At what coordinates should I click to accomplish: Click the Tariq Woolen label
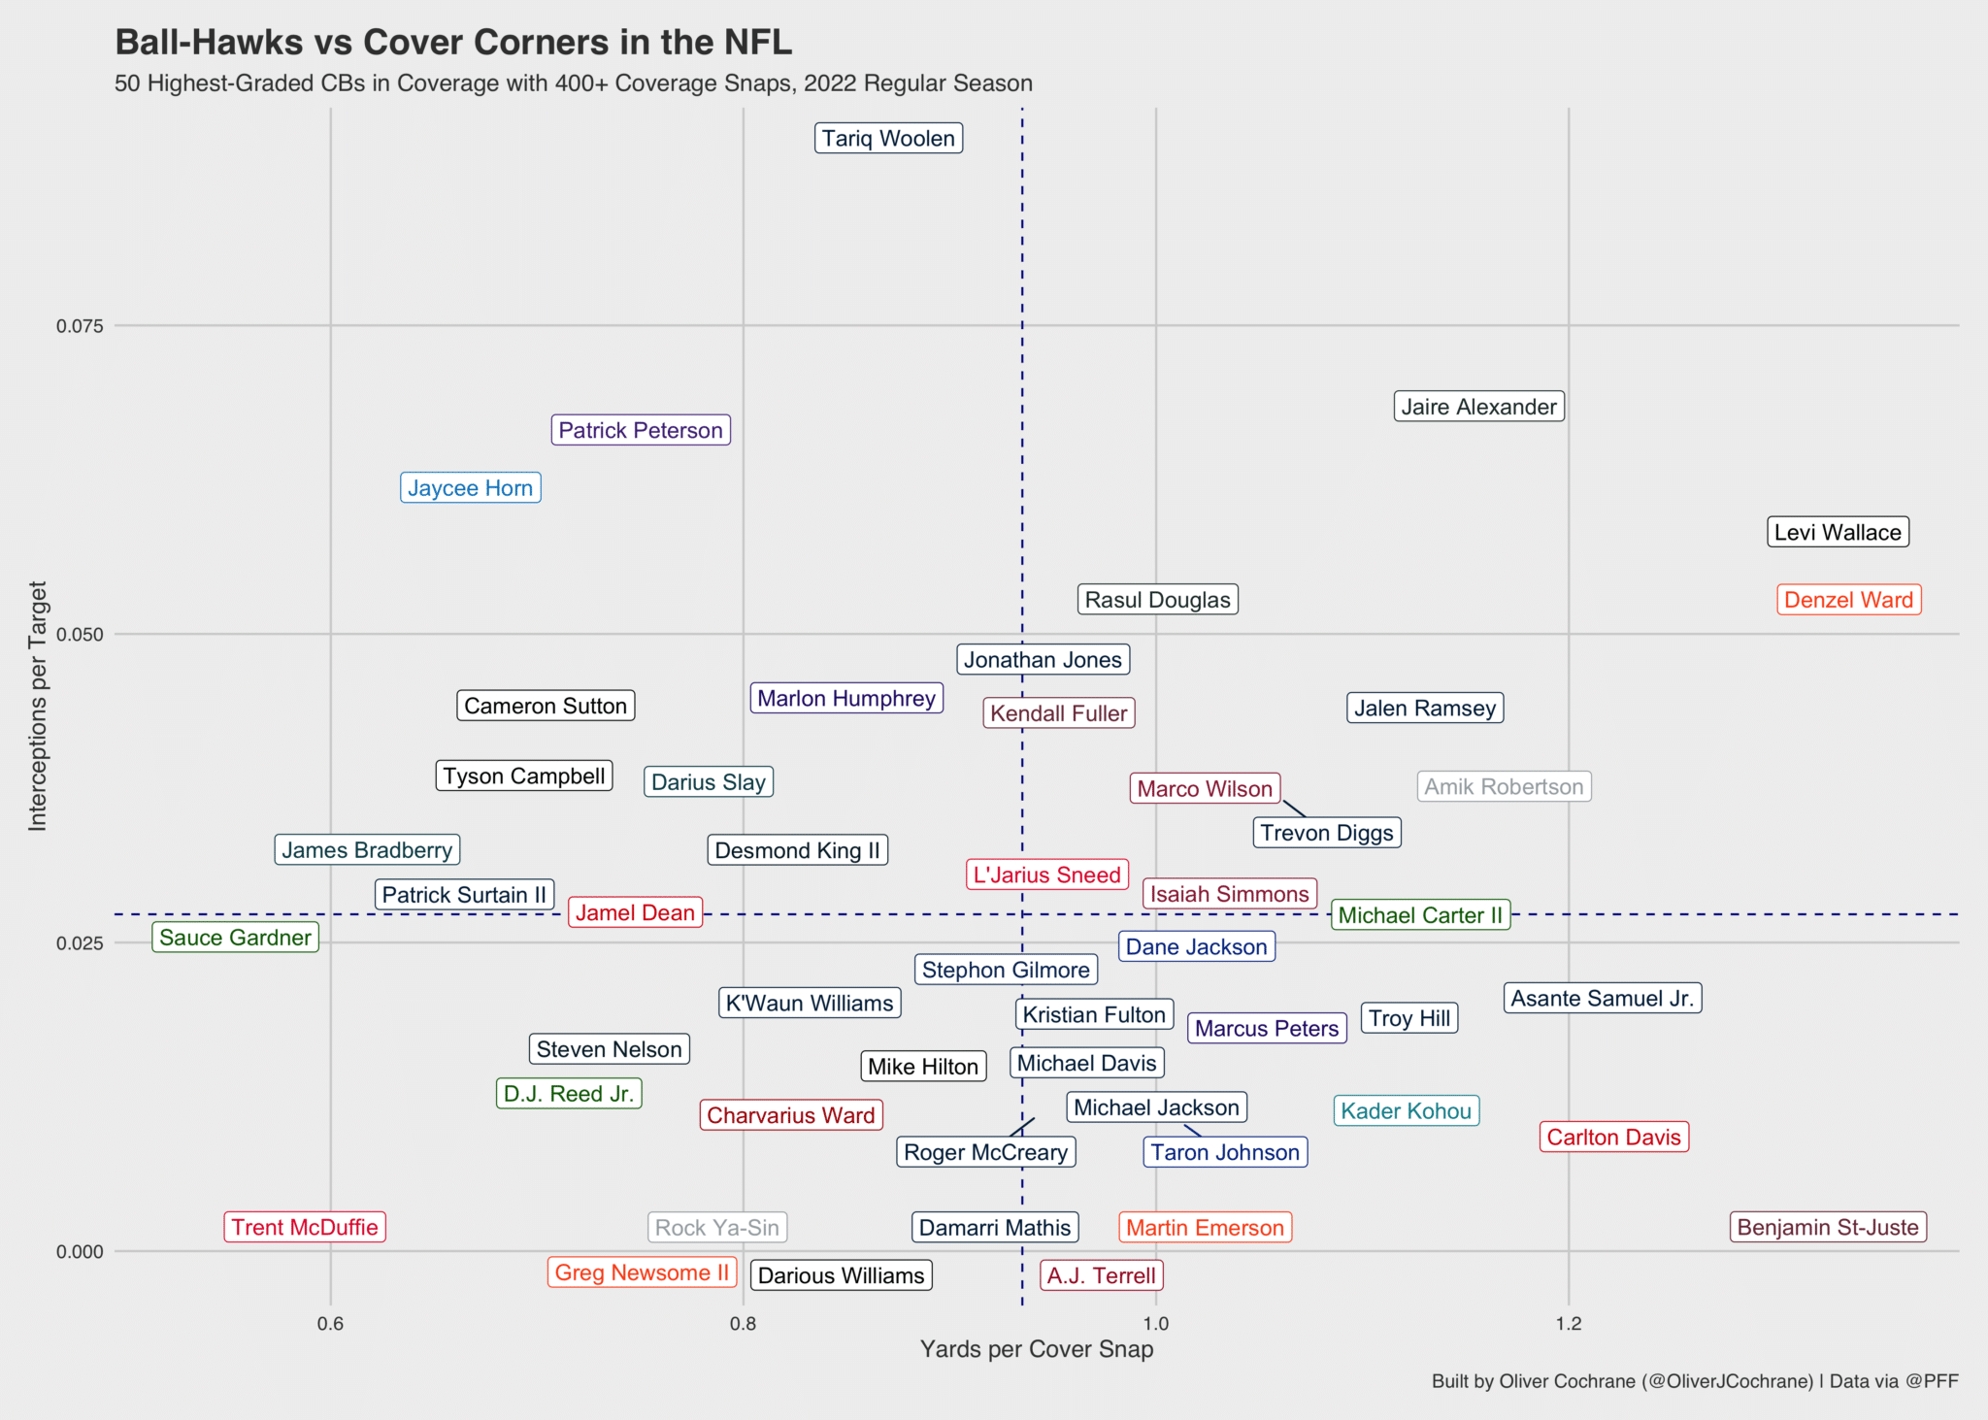click(888, 139)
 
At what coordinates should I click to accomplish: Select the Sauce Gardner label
click(235, 938)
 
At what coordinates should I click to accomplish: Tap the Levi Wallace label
click(1838, 532)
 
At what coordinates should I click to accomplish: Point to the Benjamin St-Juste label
click(1828, 1227)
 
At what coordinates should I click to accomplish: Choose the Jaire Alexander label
click(1478, 407)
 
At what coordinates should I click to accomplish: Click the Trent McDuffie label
click(305, 1227)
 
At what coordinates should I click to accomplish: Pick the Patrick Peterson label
click(641, 430)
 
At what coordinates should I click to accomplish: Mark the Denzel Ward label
click(1848, 600)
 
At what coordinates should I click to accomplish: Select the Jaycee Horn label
click(470, 488)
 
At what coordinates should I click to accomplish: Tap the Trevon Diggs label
click(1326, 833)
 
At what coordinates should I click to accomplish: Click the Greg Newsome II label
click(642, 1272)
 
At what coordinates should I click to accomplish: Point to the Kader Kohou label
click(1406, 1110)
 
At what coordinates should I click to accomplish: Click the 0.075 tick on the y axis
click(80, 326)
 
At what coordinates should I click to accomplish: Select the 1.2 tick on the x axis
click(1568, 1324)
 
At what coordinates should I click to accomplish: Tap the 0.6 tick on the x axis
click(330, 1324)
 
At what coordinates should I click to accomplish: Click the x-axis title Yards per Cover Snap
click(1036, 1349)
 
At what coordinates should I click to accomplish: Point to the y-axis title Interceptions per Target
click(38, 706)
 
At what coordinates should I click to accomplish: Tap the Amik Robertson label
click(1504, 786)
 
